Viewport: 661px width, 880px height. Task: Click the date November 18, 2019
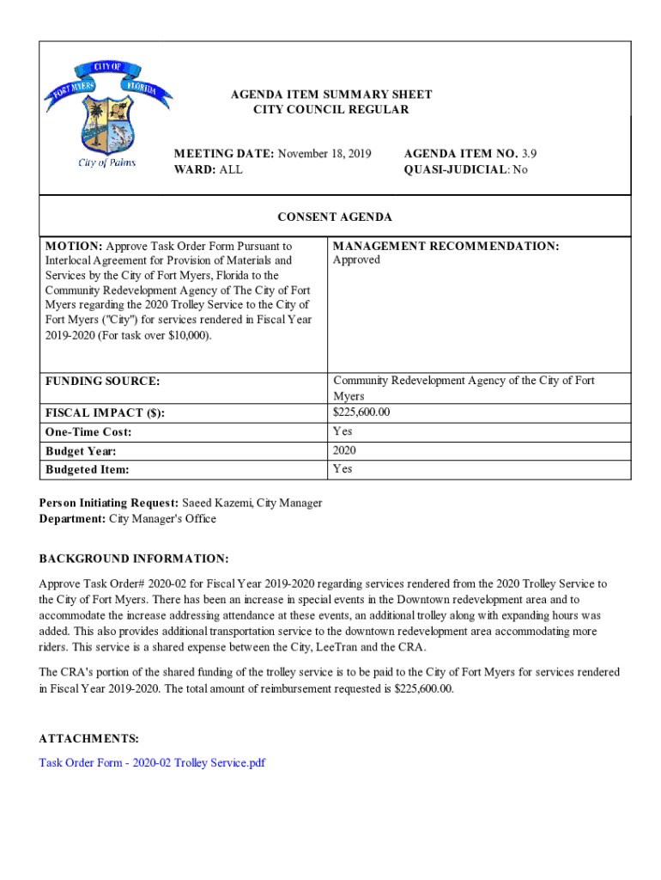click(x=324, y=154)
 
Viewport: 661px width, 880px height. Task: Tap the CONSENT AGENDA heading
click(x=336, y=217)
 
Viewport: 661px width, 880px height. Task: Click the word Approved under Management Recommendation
click(x=356, y=260)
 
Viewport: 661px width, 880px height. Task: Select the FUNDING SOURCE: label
click(x=102, y=381)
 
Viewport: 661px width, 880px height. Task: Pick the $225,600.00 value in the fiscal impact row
click(x=361, y=412)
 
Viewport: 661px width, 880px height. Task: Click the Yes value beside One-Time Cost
click(x=343, y=431)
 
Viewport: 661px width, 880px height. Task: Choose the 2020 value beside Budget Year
click(x=345, y=450)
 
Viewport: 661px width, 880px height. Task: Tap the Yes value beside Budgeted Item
click(x=343, y=469)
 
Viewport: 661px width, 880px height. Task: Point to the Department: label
click(x=72, y=519)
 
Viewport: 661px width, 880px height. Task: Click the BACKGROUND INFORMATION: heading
click(x=134, y=559)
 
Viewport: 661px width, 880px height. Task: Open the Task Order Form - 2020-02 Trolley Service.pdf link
click(x=152, y=762)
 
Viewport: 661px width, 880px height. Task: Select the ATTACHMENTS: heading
click(x=88, y=739)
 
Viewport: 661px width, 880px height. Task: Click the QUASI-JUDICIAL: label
click(x=457, y=170)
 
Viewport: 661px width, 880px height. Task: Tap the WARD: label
click(x=195, y=170)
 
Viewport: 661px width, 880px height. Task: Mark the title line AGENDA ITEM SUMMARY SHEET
click(x=330, y=95)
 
